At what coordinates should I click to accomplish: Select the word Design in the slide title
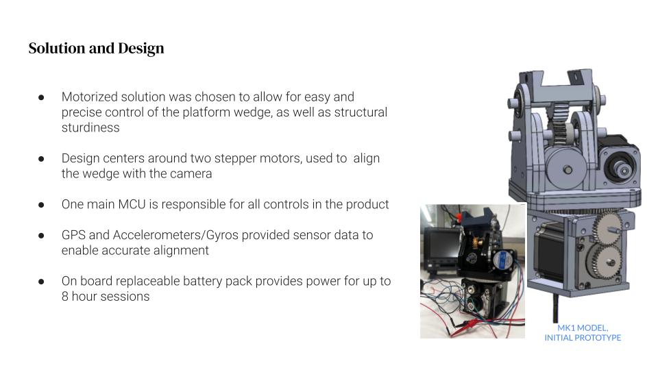[141, 49]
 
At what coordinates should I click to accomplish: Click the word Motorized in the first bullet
[89, 97]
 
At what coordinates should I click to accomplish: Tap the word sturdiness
[90, 127]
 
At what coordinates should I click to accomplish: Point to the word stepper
[236, 159]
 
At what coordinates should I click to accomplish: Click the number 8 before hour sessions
[64, 297]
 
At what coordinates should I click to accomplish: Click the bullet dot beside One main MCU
[41, 205]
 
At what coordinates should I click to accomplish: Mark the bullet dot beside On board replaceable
[41, 282]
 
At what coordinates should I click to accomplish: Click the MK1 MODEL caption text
[583, 328]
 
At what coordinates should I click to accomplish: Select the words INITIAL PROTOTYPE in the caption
[583, 338]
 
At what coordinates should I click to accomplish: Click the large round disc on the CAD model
[567, 169]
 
